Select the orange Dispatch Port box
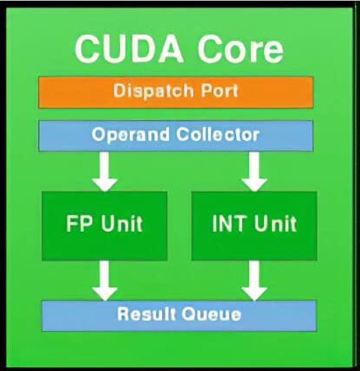(x=176, y=92)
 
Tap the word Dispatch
(x=148, y=91)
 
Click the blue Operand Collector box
(x=176, y=135)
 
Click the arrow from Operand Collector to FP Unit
(x=105, y=171)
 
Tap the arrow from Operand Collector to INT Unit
(x=254, y=171)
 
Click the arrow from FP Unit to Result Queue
(x=105, y=280)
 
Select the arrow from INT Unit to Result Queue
(x=254, y=280)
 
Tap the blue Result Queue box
(x=179, y=315)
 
